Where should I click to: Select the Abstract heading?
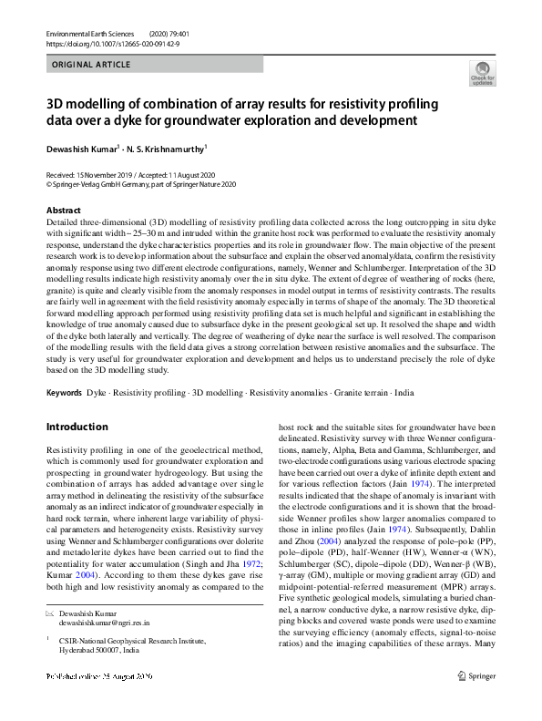point(64,210)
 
